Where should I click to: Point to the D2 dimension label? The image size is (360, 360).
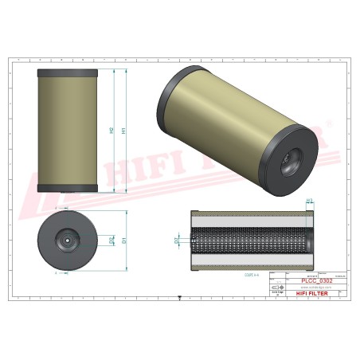tap(111, 238)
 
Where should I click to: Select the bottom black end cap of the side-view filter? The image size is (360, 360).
tap(68, 189)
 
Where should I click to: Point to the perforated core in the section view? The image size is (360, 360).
tap(251, 238)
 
